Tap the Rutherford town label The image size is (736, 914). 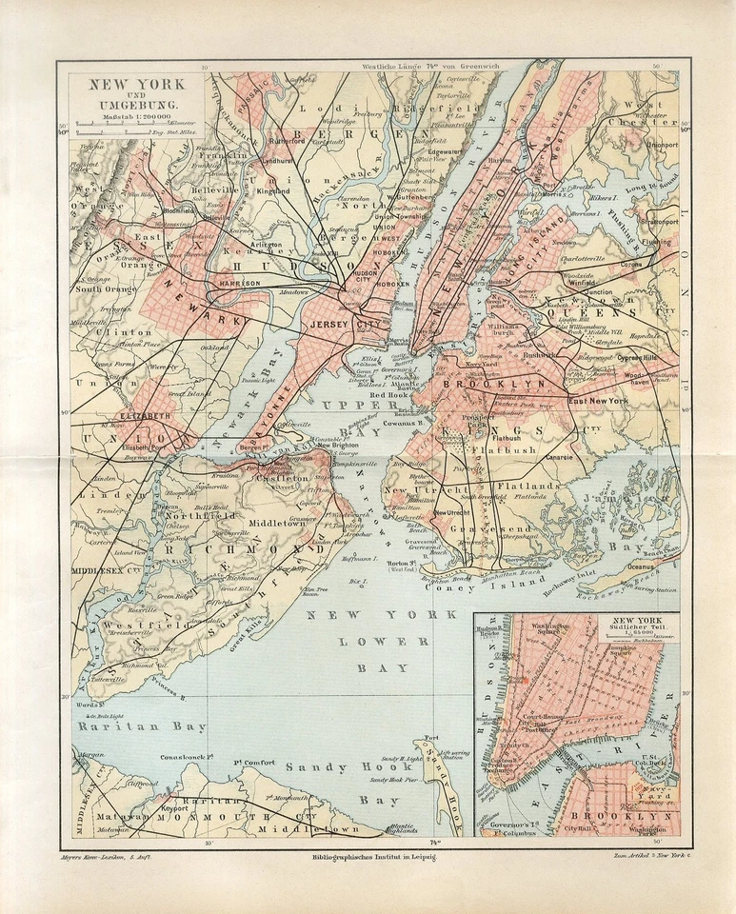point(287,142)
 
